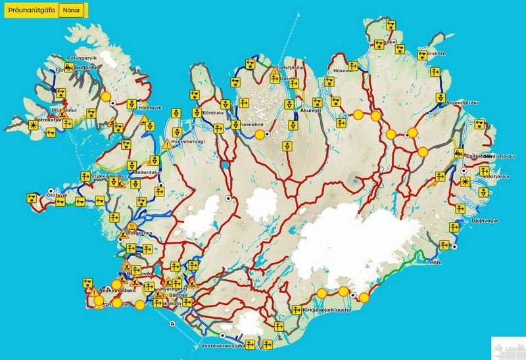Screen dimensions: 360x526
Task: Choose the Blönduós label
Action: pyautogui.click(x=208, y=112)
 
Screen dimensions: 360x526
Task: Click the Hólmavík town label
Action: pyautogui.click(x=149, y=106)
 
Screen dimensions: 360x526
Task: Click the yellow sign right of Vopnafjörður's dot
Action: pyautogui.click(x=440, y=98)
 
